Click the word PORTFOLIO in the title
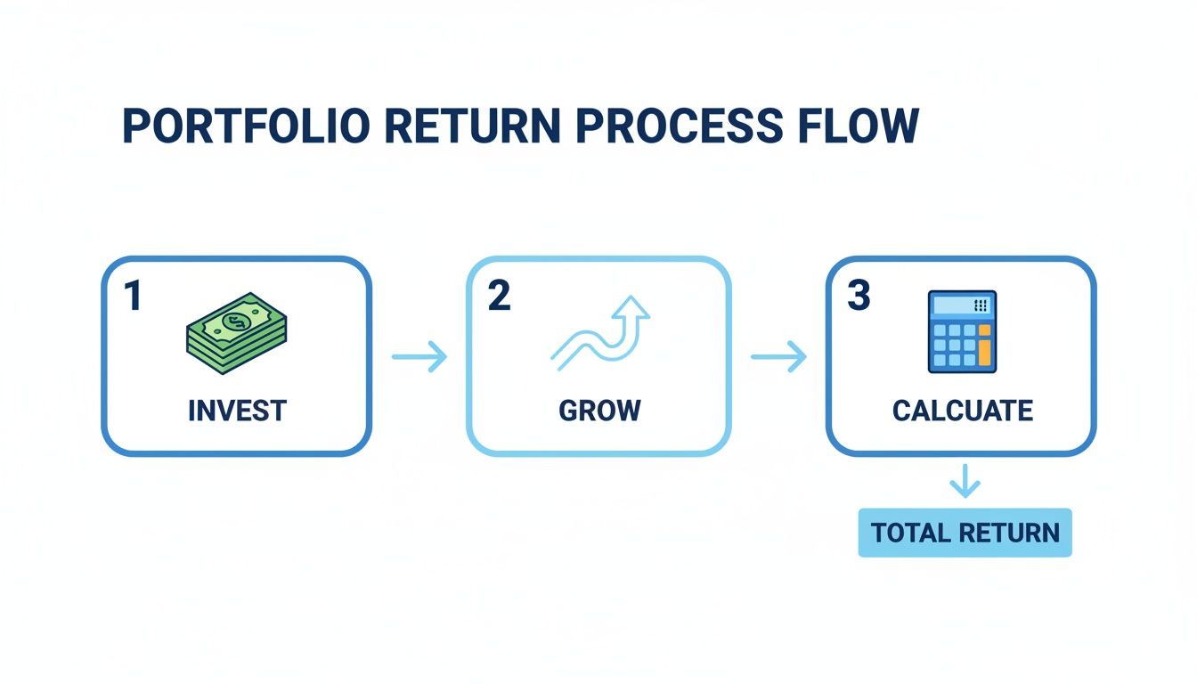click(246, 127)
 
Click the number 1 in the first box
click(133, 297)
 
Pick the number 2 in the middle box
click(499, 297)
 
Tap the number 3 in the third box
click(858, 297)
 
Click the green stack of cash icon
click(236, 330)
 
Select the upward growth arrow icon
click(600, 333)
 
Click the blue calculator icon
click(962, 331)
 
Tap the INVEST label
click(237, 411)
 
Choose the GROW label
click(599, 411)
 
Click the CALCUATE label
click(962, 411)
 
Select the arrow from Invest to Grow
click(419, 358)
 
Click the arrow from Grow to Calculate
click(778, 358)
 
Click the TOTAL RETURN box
click(965, 533)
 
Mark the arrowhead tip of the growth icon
click(637, 299)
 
